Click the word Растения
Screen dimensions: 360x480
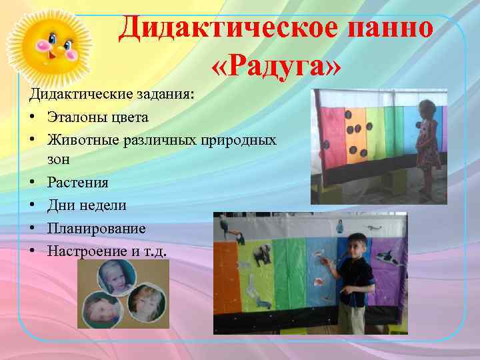pyautogui.click(x=77, y=182)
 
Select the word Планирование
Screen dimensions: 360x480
pyautogui.click(x=96, y=228)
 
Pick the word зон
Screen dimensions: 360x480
pyautogui.click(x=59, y=160)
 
